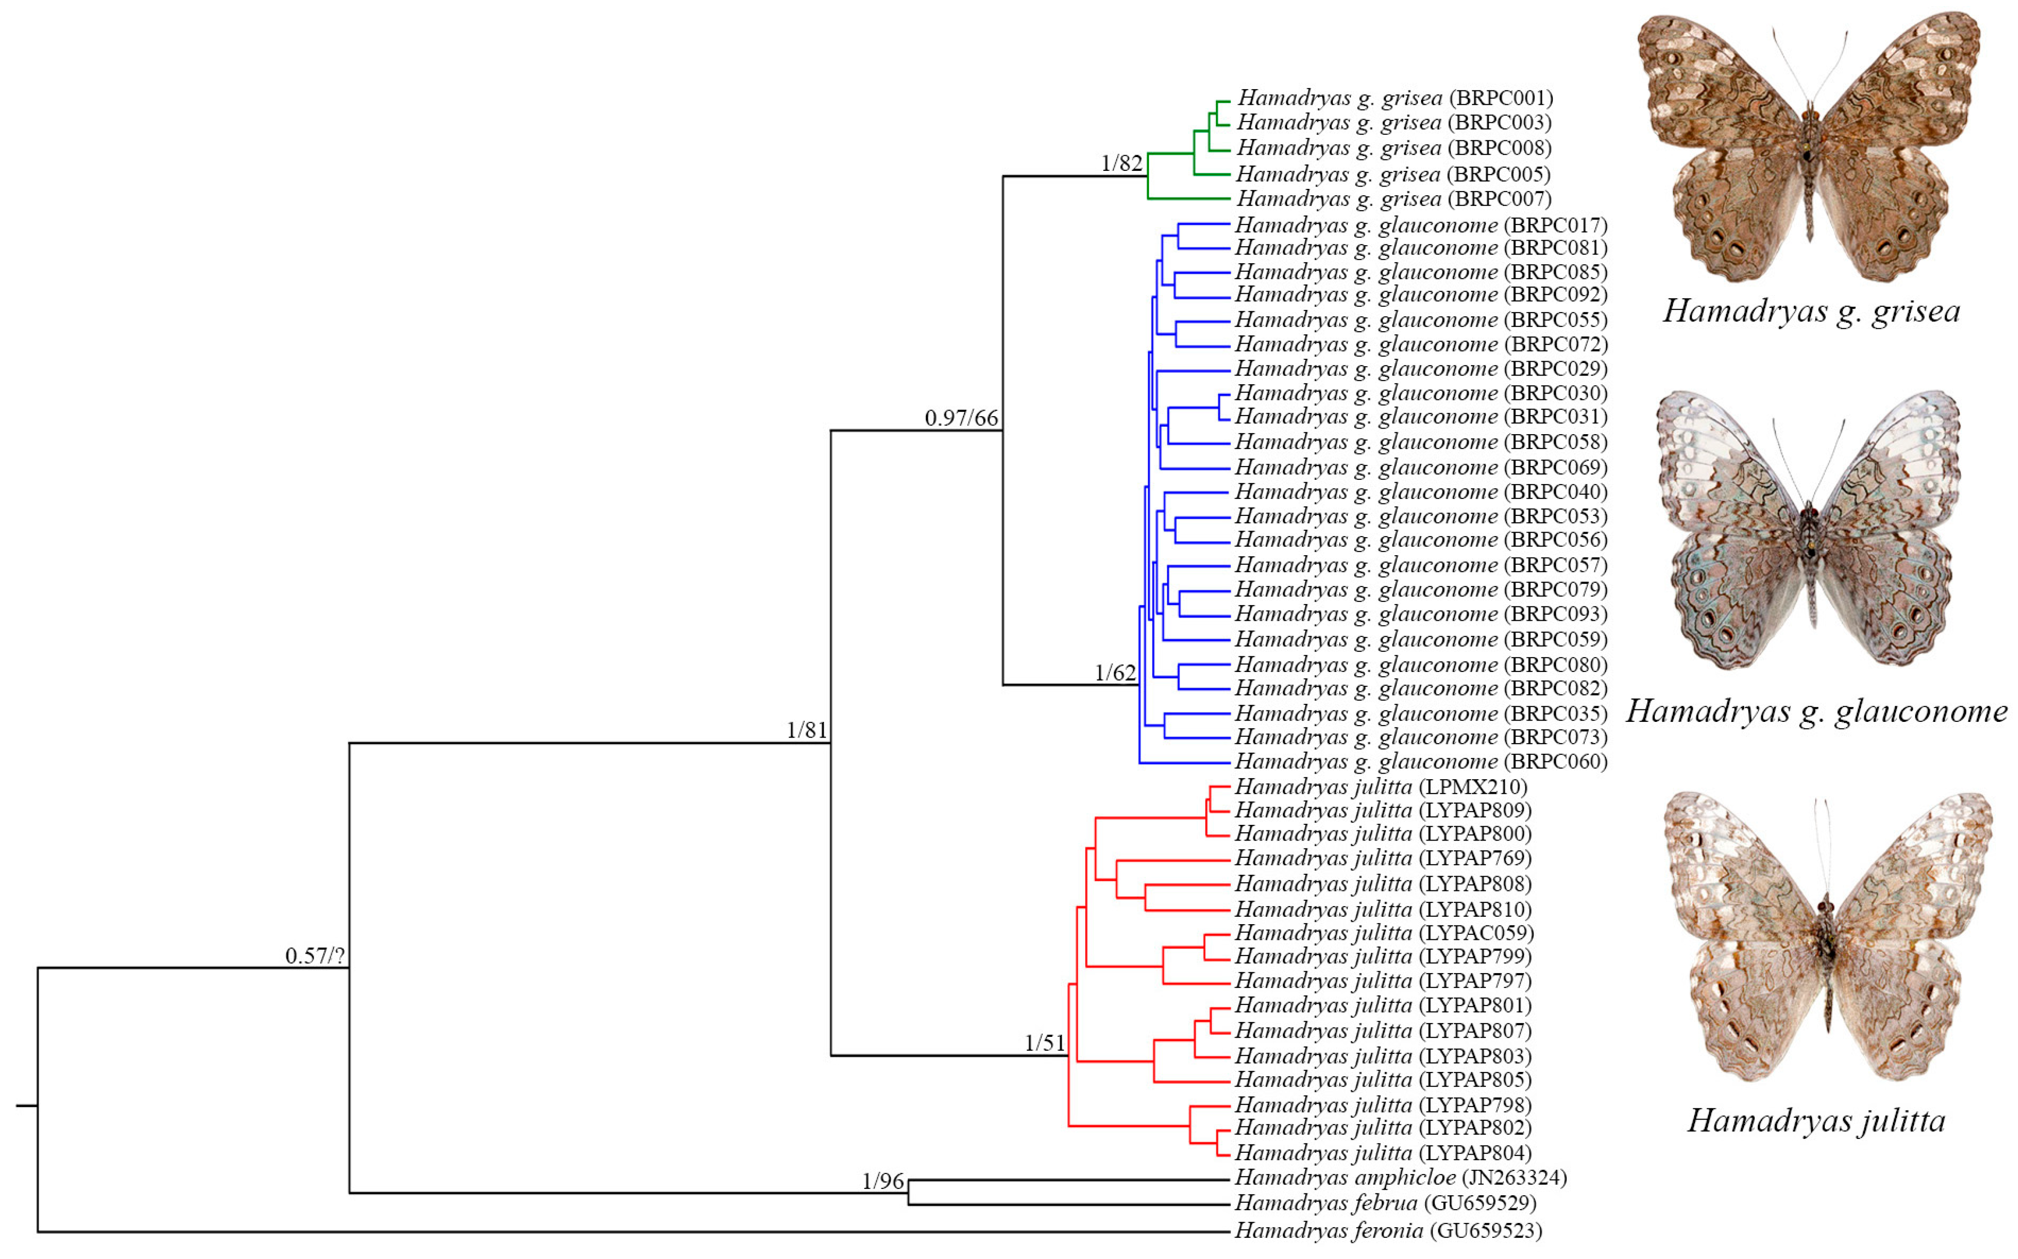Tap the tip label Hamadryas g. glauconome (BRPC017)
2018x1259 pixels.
(x=1421, y=225)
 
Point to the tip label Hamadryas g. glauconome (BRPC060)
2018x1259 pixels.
(x=1421, y=761)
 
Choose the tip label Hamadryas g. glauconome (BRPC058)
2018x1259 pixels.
(x=1421, y=442)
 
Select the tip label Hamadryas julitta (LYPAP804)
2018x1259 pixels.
(x=1383, y=1152)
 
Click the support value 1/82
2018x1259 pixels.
(x=1121, y=163)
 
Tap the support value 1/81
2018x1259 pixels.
(x=806, y=730)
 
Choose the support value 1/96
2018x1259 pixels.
(x=883, y=1181)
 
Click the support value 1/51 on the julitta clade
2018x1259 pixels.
(x=1045, y=1042)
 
